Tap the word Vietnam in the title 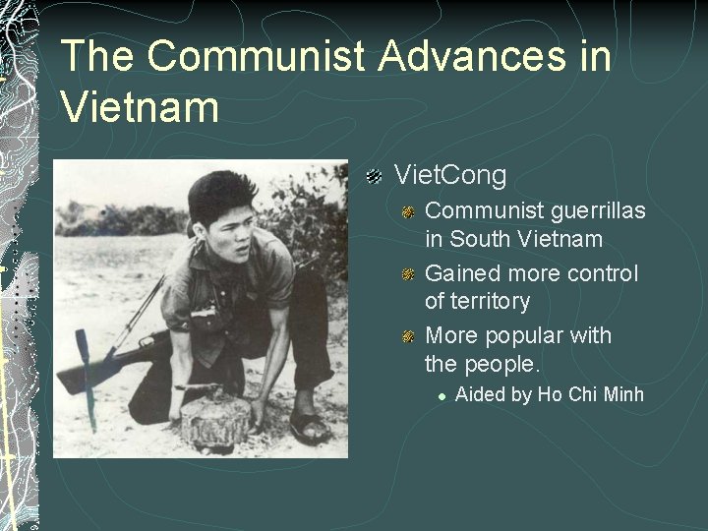(140, 105)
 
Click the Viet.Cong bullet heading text (450, 176)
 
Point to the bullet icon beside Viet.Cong (374, 177)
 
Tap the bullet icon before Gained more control (408, 273)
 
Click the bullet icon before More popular (408, 337)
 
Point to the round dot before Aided (442, 394)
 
